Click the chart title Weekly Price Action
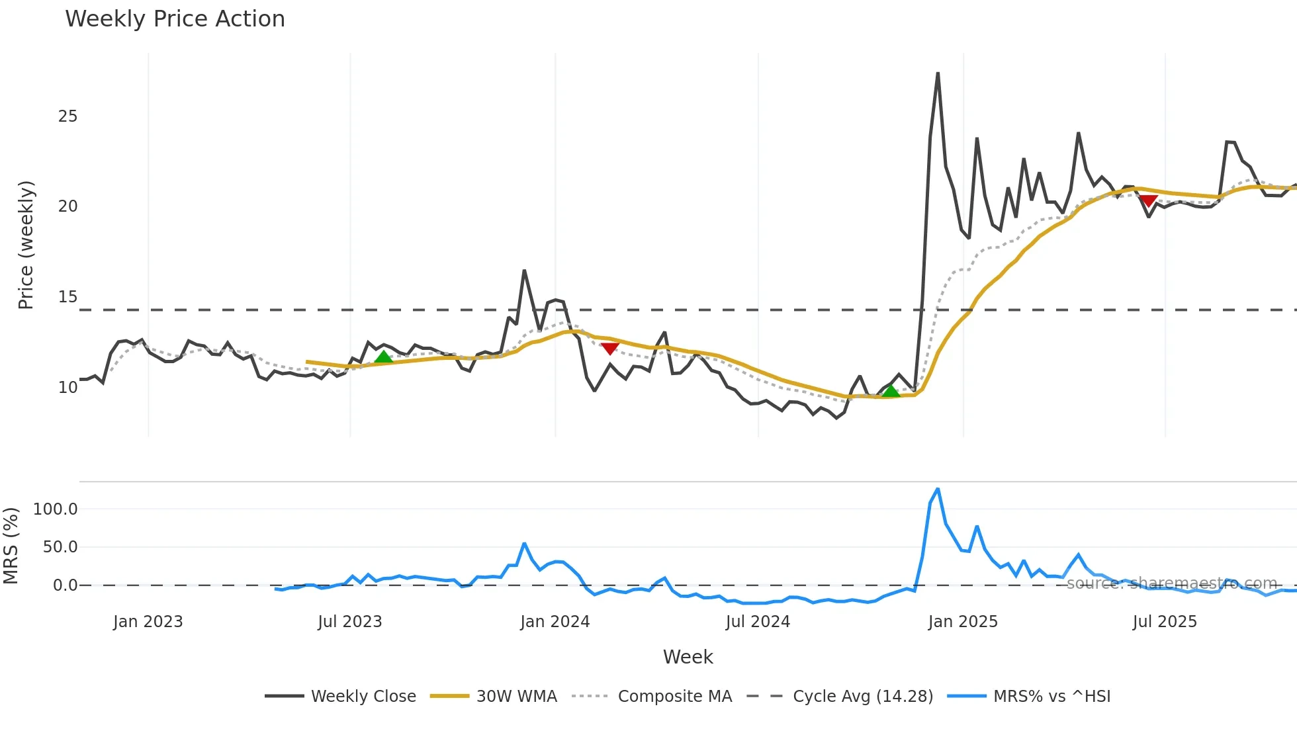(x=175, y=19)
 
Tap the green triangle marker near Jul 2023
(x=383, y=358)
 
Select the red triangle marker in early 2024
(x=609, y=349)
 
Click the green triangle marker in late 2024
(x=891, y=391)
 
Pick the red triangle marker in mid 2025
(x=1148, y=200)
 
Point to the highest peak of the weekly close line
(x=938, y=73)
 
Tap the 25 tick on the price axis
(x=67, y=116)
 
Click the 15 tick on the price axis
(x=67, y=297)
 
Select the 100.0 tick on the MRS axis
(x=56, y=509)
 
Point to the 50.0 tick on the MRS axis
(x=60, y=547)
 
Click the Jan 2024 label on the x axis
(x=555, y=622)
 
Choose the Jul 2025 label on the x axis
(x=1165, y=622)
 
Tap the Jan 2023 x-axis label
(x=148, y=622)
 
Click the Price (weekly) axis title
(x=26, y=245)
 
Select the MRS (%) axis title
(x=11, y=546)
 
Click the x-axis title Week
(x=688, y=657)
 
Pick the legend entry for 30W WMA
(x=516, y=697)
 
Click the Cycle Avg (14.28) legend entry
(x=862, y=697)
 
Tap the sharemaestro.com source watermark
(x=1171, y=583)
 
